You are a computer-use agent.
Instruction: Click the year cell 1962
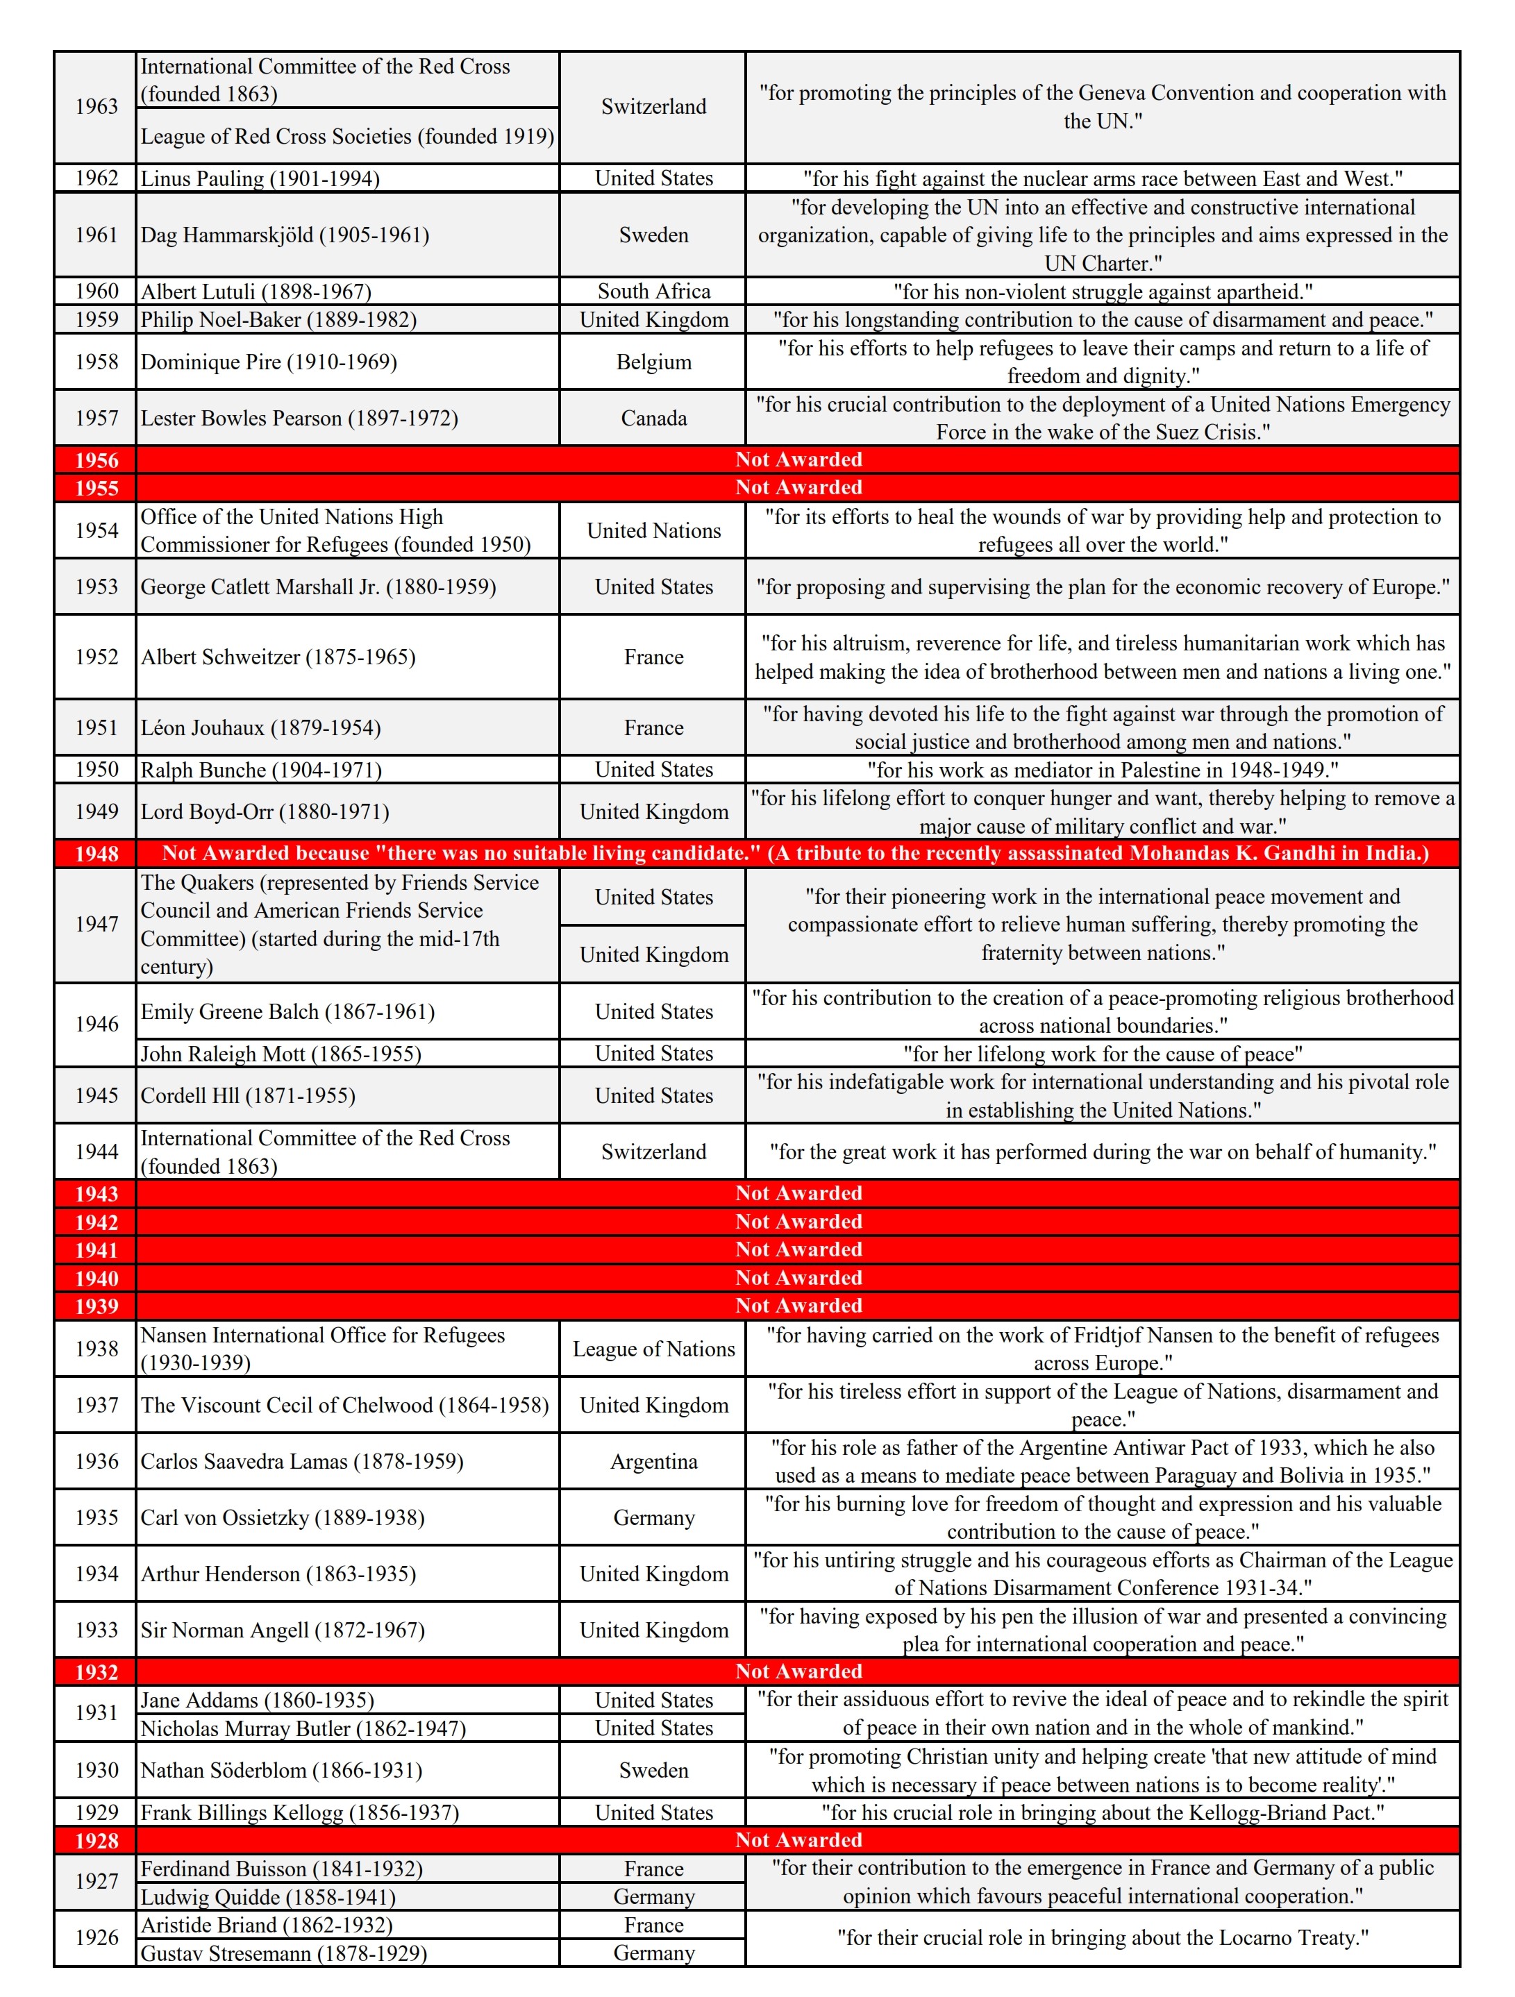click(96, 178)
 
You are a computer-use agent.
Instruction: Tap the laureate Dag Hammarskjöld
click(285, 235)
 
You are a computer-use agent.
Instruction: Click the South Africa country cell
click(653, 291)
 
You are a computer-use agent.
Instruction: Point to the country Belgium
click(653, 362)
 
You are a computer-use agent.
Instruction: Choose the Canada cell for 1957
click(653, 418)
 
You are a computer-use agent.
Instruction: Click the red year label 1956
click(96, 460)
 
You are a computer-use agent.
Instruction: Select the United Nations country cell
click(653, 531)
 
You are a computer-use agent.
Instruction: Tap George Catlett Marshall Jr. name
click(318, 587)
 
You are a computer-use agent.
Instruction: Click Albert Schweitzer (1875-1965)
click(278, 657)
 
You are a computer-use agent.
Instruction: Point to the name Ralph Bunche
click(261, 770)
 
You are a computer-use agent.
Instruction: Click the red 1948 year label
click(96, 854)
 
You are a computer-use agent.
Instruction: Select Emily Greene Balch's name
click(287, 1012)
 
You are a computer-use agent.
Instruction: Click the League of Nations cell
click(653, 1349)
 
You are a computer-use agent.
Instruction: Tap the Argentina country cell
click(653, 1462)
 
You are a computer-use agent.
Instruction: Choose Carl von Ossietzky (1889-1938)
click(282, 1517)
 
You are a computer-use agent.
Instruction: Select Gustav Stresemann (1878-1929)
click(283, 1954)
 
